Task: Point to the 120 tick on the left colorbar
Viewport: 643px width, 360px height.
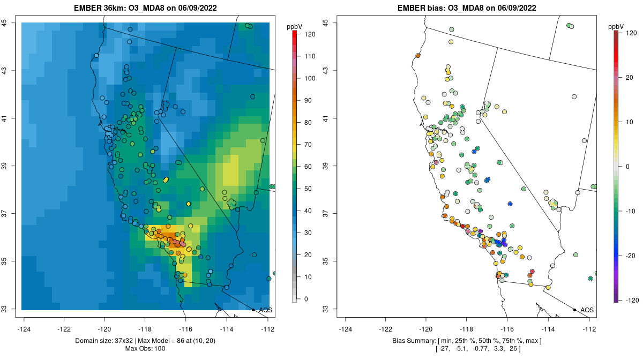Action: tap(309, 34)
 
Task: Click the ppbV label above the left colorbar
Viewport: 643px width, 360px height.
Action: tap(294, 26)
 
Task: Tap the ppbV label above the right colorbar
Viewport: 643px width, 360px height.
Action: tap(616, 26)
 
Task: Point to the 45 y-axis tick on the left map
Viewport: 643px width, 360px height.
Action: tap(11, 22)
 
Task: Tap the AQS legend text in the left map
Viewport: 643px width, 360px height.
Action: tap(265, 310)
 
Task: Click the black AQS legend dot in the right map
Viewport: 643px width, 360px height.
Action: tap(574, 310)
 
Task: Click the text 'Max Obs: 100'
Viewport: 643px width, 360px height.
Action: tap(145, 349)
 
